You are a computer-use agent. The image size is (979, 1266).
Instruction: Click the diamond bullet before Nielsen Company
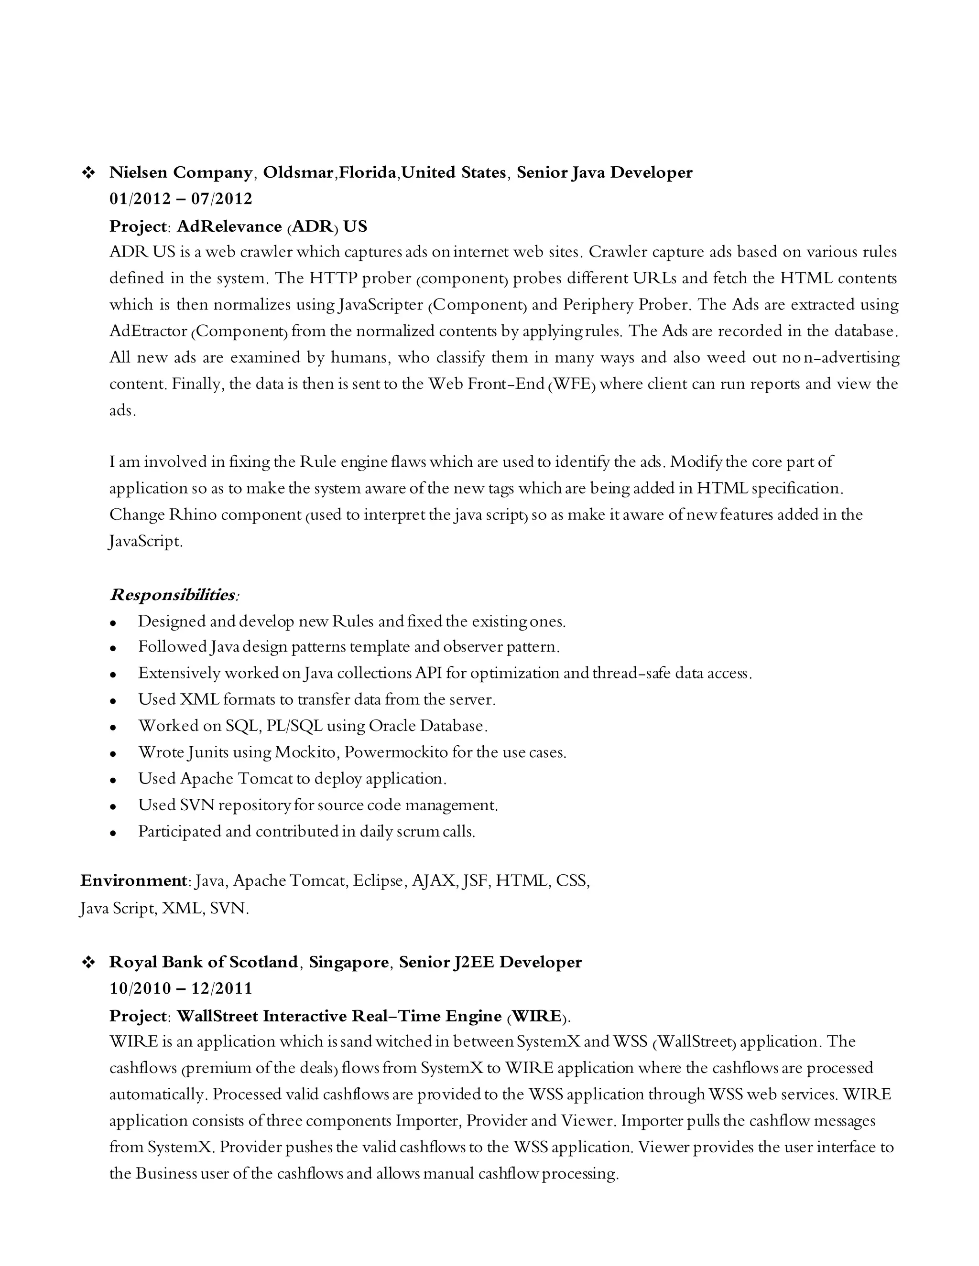[89, 173]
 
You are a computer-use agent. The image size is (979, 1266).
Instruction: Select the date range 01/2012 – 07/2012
[181, 199]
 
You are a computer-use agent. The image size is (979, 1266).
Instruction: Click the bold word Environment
[133, 880]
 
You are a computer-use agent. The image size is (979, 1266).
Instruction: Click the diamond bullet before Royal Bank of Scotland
[89, 962]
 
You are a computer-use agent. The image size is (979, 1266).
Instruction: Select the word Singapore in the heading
[348, 962]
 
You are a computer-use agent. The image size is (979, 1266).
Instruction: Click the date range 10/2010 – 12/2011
[181, 988]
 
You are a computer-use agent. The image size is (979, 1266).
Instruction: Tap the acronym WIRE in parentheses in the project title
[537, 1016]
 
